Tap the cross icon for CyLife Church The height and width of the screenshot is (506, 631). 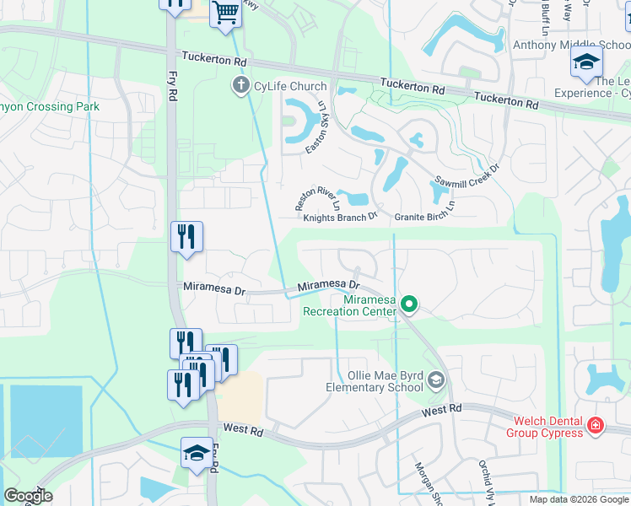point(240,85)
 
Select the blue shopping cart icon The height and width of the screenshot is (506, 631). point(226,14)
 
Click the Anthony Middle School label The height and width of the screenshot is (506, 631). point(570,46)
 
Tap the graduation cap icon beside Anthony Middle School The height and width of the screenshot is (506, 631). point(586,62)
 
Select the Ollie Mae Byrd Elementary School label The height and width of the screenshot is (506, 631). point(374,381)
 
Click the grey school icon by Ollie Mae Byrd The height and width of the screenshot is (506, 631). point(435,380)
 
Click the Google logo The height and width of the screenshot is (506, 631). point(28,496)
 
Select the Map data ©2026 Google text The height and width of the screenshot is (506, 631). point(579,499)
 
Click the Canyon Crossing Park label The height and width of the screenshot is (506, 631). point(50,107)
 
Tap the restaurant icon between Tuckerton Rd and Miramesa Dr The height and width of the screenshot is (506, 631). point(186,237)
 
